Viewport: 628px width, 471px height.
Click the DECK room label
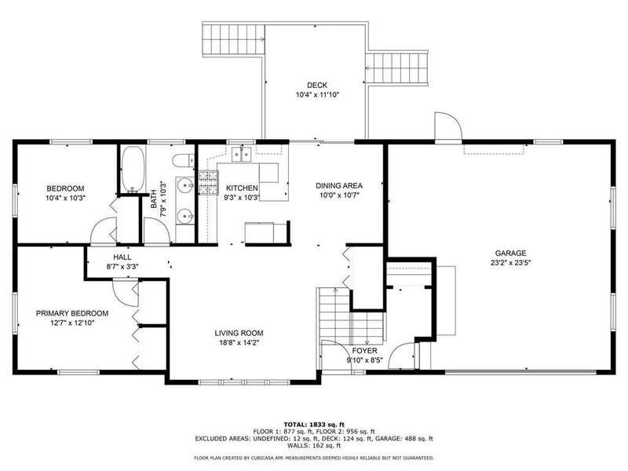click(317, 85)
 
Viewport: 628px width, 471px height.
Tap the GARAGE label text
click(510, 253)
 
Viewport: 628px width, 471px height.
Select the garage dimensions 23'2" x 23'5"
click(510, 263)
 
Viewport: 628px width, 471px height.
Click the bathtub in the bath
click(133, 170)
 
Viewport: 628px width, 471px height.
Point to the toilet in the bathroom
click(183, 161)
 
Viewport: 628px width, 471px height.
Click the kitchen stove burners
click(209, 182)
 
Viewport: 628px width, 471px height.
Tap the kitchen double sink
click(242, 154)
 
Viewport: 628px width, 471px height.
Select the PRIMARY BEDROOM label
click(72, 313)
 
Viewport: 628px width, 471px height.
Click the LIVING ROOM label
click(239, 333)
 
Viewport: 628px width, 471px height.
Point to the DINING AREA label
click(339, 185)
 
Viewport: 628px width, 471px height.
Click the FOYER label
click(364, 351)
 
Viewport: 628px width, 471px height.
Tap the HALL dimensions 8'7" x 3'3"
click(122, 266)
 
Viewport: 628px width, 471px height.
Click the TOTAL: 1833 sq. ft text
click(314, 425)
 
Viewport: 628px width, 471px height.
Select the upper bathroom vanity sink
click(185, 185)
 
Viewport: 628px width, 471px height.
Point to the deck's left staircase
click(233, 39)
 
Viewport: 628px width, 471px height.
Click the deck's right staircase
click(397, 68)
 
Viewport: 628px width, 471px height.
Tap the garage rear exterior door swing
click(448, 127)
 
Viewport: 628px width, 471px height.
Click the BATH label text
click(153, 199)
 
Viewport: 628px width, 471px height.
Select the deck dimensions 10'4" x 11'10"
click(317, 95)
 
